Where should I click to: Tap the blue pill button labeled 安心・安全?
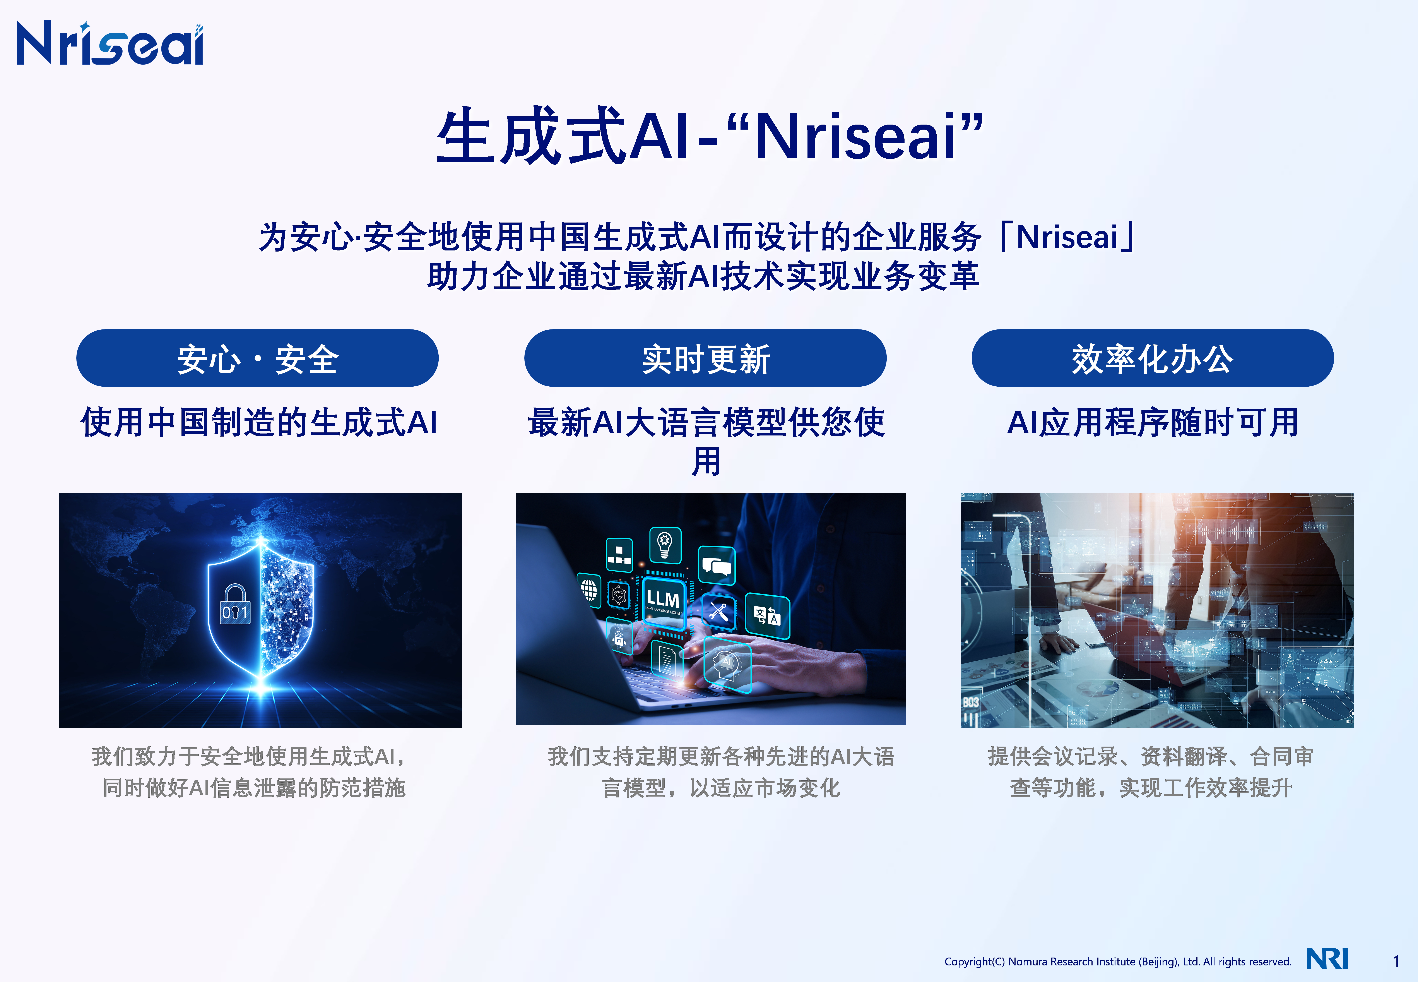pos(257,358)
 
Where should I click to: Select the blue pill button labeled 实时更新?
pos(705,358)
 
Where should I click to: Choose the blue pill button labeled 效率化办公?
pos(1152,358)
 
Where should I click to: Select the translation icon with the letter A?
pos(767,615)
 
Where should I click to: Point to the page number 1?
pos(1396,961)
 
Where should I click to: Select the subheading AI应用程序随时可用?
pos(1152,423)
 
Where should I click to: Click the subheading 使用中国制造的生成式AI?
pos(259,423)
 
